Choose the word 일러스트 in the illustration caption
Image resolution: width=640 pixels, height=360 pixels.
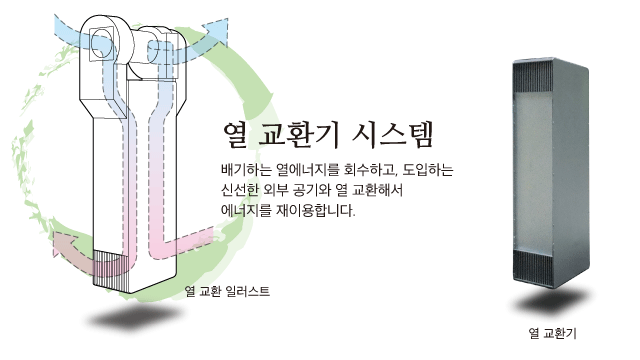[x=247, y=291]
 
